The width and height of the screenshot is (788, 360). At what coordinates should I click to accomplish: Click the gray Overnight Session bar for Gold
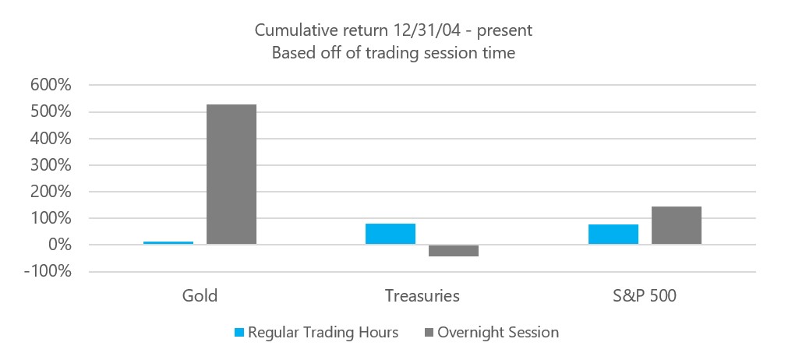231,175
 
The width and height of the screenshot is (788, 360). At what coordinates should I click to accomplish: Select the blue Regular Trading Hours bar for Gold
168,243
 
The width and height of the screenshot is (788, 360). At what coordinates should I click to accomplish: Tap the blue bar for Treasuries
390,234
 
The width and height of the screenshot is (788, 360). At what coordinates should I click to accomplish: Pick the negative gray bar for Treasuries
454,251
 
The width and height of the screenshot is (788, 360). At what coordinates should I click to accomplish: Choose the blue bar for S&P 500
613,235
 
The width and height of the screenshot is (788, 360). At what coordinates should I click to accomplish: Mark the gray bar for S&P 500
677,225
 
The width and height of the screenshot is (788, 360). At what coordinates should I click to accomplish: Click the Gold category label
200,296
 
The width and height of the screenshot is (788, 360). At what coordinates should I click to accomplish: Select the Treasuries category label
422,296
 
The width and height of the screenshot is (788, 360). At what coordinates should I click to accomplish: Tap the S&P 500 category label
645,296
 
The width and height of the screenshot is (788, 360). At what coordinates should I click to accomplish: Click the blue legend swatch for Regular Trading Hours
239,333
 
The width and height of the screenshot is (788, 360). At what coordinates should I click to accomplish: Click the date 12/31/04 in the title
429,30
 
